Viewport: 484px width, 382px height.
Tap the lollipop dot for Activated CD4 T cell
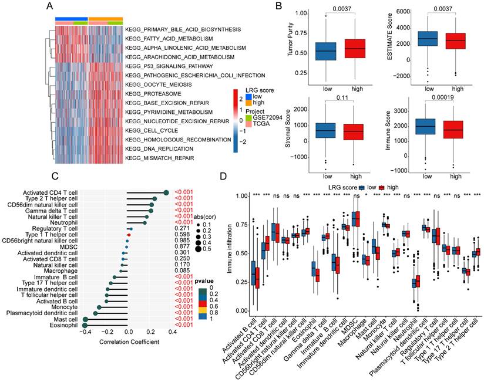[x=166, y=192]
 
